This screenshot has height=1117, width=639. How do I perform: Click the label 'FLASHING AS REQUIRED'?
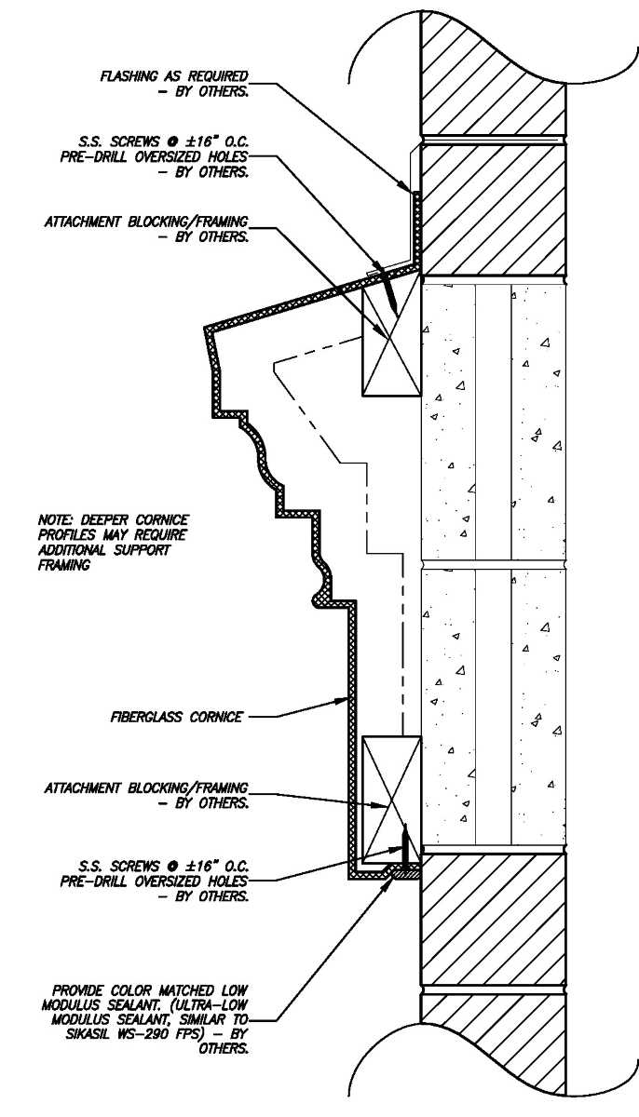click(174, 74)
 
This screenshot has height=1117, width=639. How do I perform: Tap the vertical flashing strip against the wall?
click(417, 228)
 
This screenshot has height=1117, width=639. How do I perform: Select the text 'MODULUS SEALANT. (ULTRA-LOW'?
click(144, 1005)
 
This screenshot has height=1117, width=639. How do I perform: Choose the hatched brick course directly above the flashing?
click(493, 208)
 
